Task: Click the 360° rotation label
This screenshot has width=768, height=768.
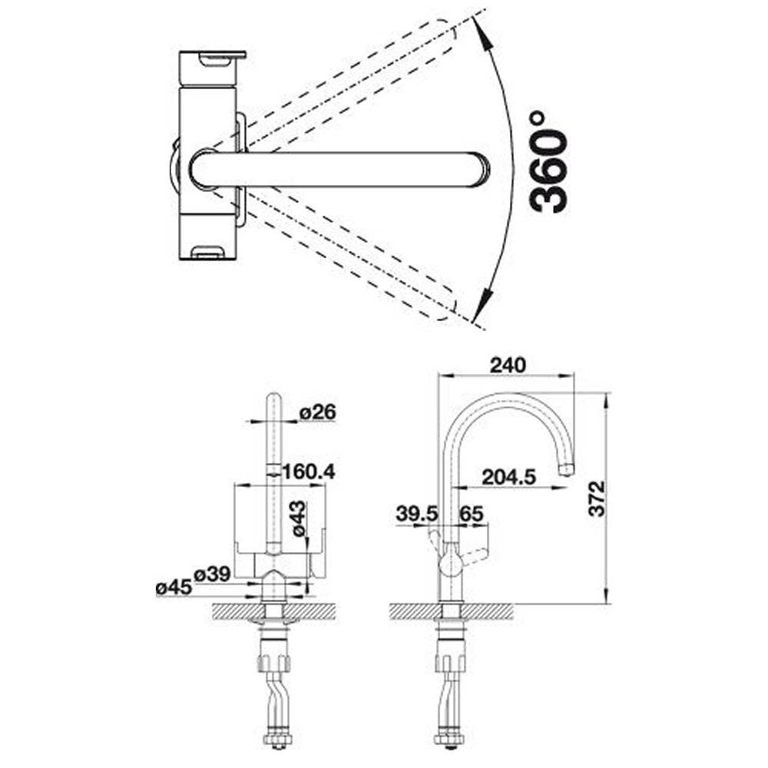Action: pos(550,161)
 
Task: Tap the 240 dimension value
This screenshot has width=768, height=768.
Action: pos(509,366)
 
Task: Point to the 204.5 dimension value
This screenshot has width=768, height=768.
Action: pos(508,477)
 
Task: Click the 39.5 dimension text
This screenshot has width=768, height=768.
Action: pos(416,514)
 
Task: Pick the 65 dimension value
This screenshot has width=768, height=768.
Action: pos(472,514)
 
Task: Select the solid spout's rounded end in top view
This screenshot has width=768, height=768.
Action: pos(480,168)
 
